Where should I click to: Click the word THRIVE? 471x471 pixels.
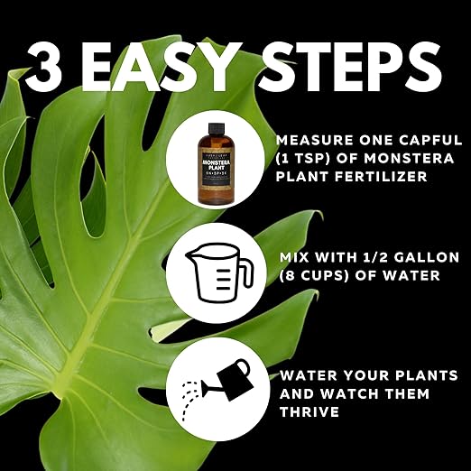310,411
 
